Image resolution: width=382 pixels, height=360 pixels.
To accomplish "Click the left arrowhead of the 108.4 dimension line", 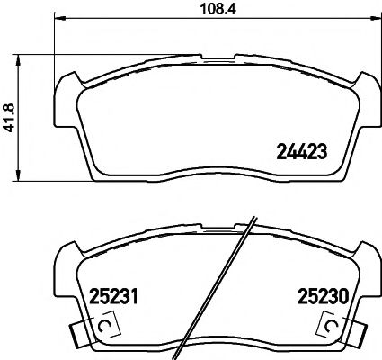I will pos(59,20).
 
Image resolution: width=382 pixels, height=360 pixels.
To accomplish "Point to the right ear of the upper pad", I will pos(366,90).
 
